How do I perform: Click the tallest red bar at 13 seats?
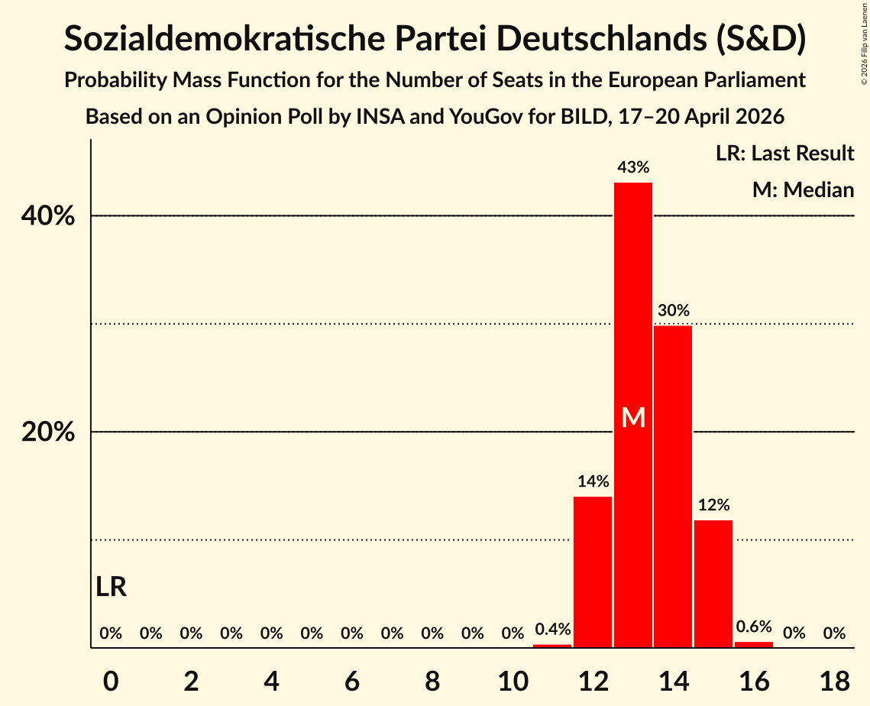point(633,415)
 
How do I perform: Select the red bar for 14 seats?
point(673,486)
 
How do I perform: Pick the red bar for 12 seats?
point(593,572)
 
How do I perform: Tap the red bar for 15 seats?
point(713,584)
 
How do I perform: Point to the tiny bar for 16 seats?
point(753,644)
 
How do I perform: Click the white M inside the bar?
point(633,417)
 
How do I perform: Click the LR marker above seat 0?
point(111,587)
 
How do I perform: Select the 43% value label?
point(633,167)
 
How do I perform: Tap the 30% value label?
point(674,309)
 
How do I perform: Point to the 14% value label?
point(593,481)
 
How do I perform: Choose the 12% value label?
point(713,504)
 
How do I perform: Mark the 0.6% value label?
point(754,626)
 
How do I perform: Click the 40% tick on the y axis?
point(47,215)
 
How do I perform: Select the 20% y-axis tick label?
point(47,431)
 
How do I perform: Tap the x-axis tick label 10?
point(513,681)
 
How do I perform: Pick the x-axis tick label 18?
point(835,681)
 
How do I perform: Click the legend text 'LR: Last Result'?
point(784,153)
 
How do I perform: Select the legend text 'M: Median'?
point(803,189)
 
